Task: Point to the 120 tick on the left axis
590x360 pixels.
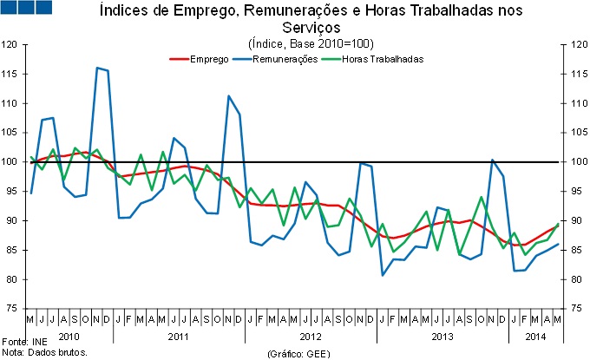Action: pos(13,45)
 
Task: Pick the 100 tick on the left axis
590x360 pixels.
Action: pos(13,162)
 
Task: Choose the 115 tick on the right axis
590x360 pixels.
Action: pos(576,75)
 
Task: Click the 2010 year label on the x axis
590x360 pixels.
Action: pos(69,335)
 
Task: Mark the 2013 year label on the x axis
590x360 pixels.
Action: pos(442,335)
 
